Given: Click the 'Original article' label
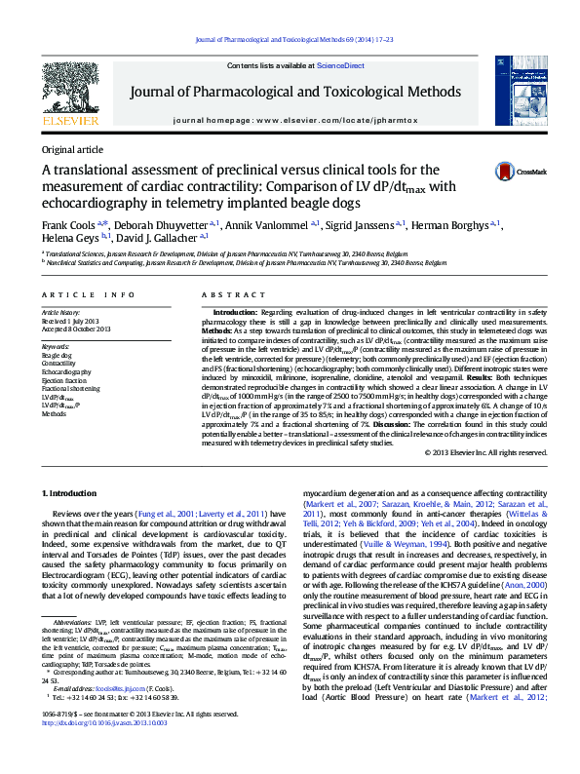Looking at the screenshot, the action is (71, 149).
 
